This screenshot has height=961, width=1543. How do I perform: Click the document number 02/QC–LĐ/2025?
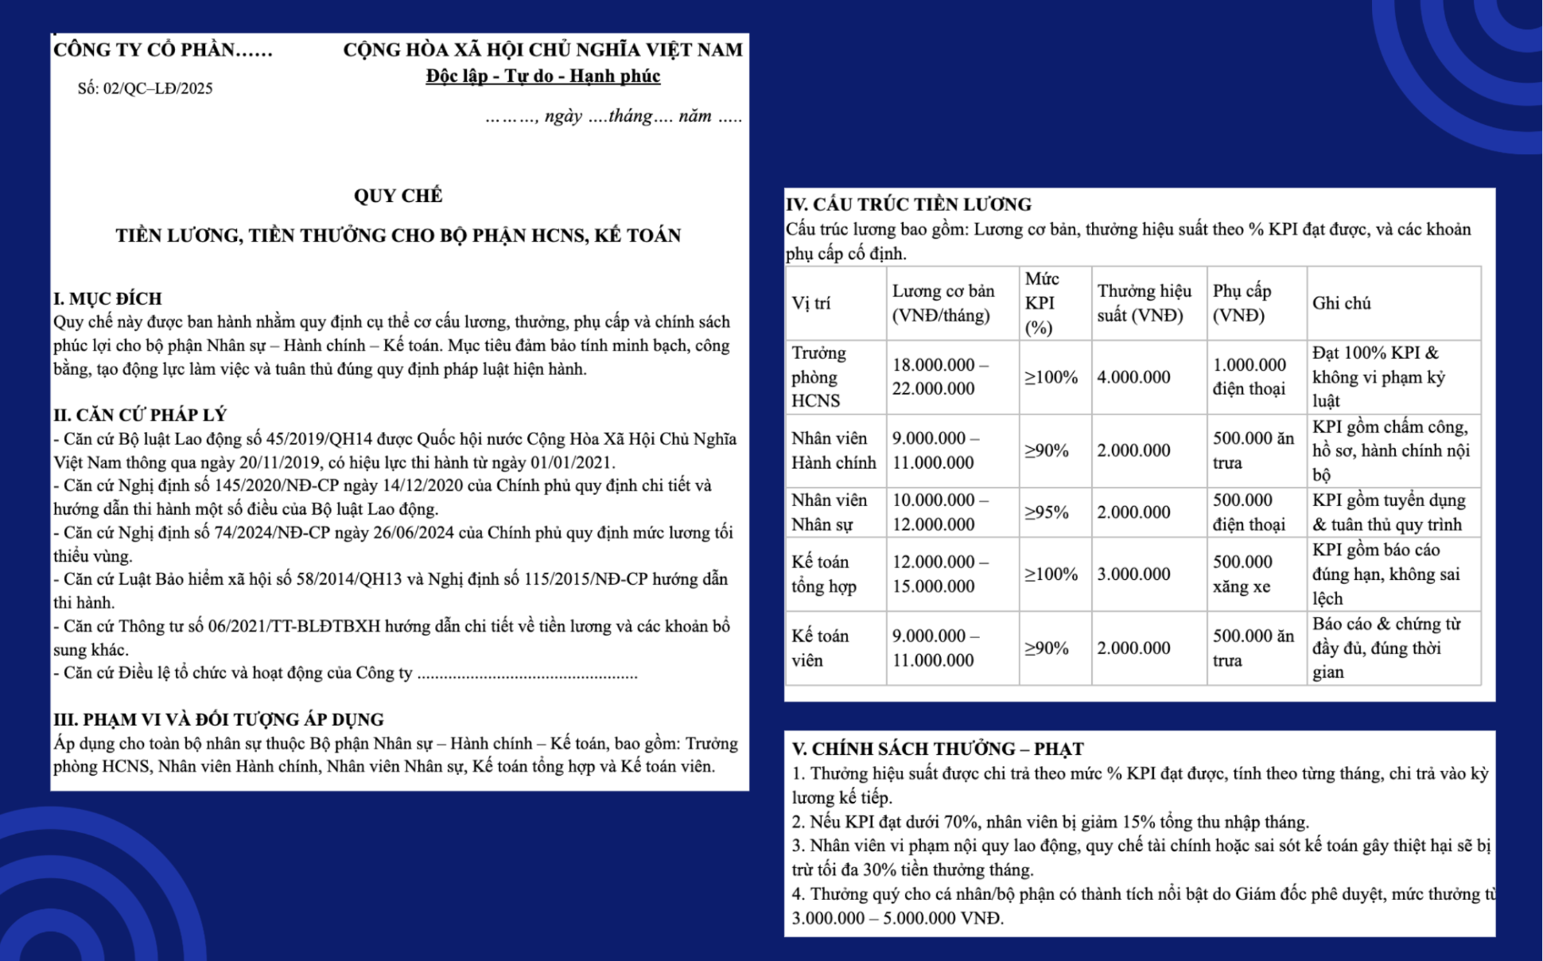coord(157,88)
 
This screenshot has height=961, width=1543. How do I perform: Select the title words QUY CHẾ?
coord(398,196)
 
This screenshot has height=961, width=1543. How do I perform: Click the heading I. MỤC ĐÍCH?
coord(107,298)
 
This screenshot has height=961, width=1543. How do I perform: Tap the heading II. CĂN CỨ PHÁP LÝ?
coord(140,414)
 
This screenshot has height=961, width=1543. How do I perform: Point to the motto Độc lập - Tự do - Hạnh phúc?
coord(542,76)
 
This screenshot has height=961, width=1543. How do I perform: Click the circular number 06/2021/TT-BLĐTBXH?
coord(294,627)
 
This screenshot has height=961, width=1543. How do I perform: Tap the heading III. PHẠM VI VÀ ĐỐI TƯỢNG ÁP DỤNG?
coord(219,719)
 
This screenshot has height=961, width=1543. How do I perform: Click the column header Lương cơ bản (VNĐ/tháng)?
coord(943,303)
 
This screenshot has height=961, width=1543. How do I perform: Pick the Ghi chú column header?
coord(1342,303)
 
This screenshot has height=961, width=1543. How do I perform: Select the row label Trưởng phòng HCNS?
coord(818,376)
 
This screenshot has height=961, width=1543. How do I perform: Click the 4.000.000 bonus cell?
coord(1133,377)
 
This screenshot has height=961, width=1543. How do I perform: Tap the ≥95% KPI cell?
coord(1046,512)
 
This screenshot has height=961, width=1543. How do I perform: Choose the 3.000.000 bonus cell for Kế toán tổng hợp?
coord(1133,574)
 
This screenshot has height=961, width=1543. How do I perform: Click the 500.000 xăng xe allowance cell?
coord(1242,574)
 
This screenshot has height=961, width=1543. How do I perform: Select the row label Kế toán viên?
coord(820,648)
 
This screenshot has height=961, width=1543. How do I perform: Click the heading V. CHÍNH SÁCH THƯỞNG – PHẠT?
coord(938,749)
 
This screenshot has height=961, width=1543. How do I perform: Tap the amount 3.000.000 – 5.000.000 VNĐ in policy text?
coord(897,918)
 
